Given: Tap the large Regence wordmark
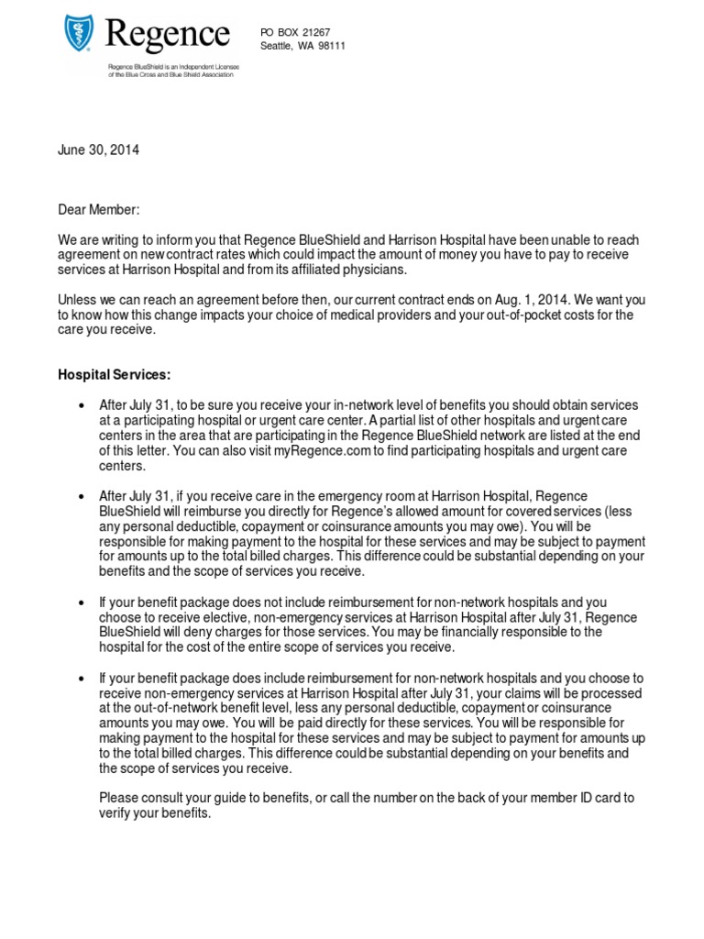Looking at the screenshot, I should [167, 36].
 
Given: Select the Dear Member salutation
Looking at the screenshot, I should [99, 210].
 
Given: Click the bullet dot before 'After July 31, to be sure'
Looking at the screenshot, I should [82, 405].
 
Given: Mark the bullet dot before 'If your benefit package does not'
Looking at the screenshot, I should [82, 602].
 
